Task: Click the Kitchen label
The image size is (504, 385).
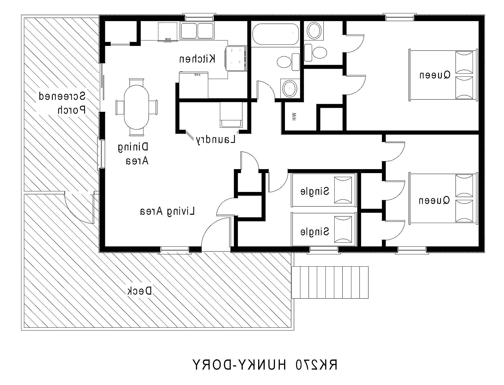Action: click(197, 59)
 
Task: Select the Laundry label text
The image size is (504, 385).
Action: click(216, 140)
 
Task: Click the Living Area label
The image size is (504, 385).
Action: click(167, 211)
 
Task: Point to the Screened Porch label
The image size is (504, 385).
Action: click(62, 103)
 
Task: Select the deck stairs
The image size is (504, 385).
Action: click(330, 282)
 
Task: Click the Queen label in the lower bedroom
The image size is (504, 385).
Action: click(434, 200)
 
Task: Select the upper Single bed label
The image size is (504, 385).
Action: click(315, 191)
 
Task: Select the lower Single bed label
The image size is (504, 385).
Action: click(315, 232)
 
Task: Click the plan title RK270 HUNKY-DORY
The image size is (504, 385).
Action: click(265, 364)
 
